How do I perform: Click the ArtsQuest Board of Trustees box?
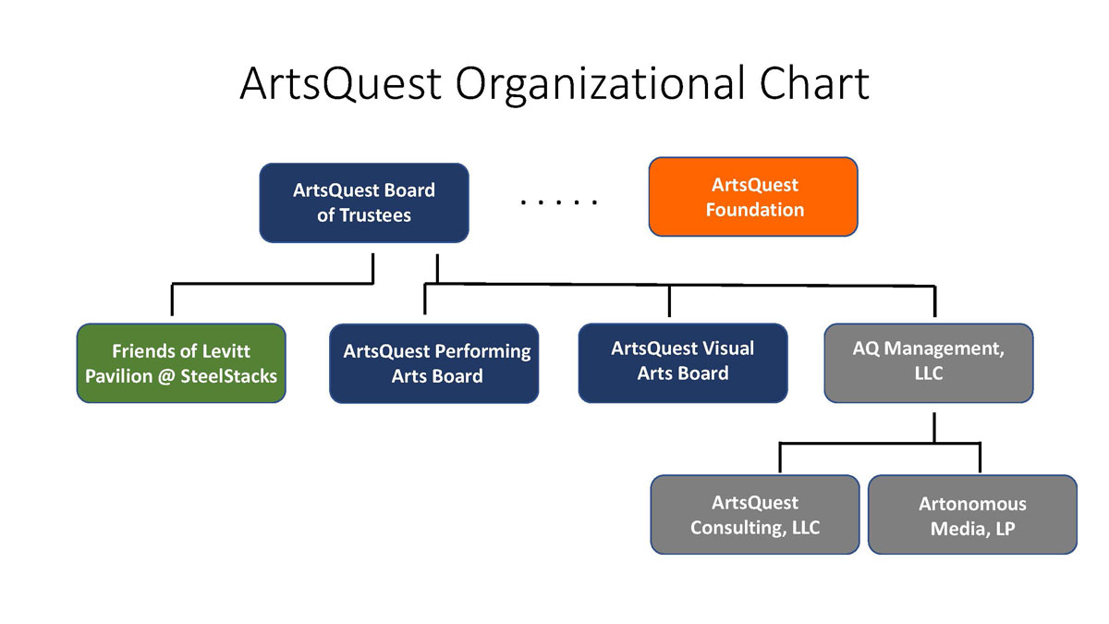[x=364, y=202]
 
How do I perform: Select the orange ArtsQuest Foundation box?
[x=753, y=197]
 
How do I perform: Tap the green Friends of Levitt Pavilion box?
[x=181, y=363]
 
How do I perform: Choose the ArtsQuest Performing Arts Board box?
[x=434, y=363]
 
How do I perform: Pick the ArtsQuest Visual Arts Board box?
[x=683, y=363]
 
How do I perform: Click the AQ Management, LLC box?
[x=929, y=363]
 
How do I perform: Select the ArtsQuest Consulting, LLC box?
[x=755, y=515]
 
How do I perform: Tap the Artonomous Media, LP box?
[x=972, y=515]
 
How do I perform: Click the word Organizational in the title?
[x=600, y=84]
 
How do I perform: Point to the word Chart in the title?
[x=814, y=82]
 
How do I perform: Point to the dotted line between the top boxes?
[x=559, y=202]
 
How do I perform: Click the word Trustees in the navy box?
[x=375, y=215]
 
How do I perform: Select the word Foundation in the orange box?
[x=755, y=210]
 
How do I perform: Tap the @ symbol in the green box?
[x=166, y=376]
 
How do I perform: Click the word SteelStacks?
[x=229, y=376]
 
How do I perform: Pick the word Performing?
[x=484, y=352]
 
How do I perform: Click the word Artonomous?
[x=972, y=504]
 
